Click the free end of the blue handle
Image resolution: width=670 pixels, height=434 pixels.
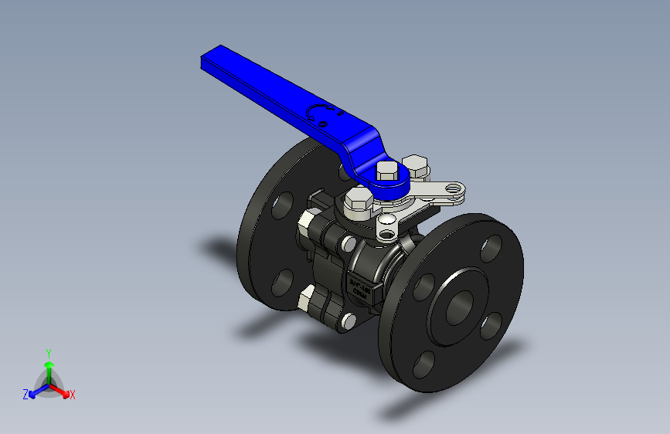tap(207, 61)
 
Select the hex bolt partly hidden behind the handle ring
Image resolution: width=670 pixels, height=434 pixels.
tap(417, 164)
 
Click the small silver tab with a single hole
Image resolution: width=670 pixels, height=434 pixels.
tap(386, 225)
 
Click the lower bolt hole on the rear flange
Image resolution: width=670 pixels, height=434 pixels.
tap(282, 281)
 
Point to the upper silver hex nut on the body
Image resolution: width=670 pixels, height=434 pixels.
tap(306, 225)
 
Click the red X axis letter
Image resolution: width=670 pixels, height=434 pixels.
tap(73, 395)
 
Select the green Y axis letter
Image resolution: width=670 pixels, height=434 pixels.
tap(48, 352)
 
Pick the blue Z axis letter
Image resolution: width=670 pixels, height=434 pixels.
tap(26, 395)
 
